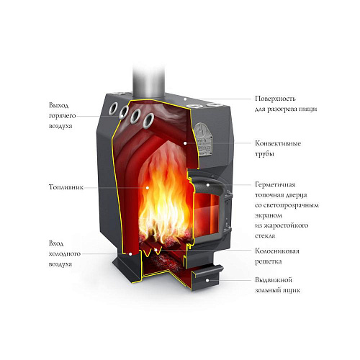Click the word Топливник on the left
click(x=66, y=187)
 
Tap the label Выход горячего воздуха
click(x=62, y=116)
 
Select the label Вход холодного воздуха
click(x=64, y=253)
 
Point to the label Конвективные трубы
click(x=278, y=148)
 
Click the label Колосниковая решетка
click(x=277, y=256)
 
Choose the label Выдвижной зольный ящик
click(x=277, y=285)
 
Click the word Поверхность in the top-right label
click(x=275, y=99)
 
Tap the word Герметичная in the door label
click(x=275, y=184)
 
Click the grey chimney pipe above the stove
click(x=149, y=81)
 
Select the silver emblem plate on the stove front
click(x=204, y=139)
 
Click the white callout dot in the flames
click(x=148, y=188)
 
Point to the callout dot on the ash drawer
click(x=207, y=280)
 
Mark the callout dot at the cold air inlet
click(x=130, y=253)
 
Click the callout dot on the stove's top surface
click(x=185, y=99)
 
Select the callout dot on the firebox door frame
click(x=208, y=185)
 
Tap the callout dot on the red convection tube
click(x=185, y=143)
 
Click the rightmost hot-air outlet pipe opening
click(x=149, y=120)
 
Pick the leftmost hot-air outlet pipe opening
click(x=113, y=109)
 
